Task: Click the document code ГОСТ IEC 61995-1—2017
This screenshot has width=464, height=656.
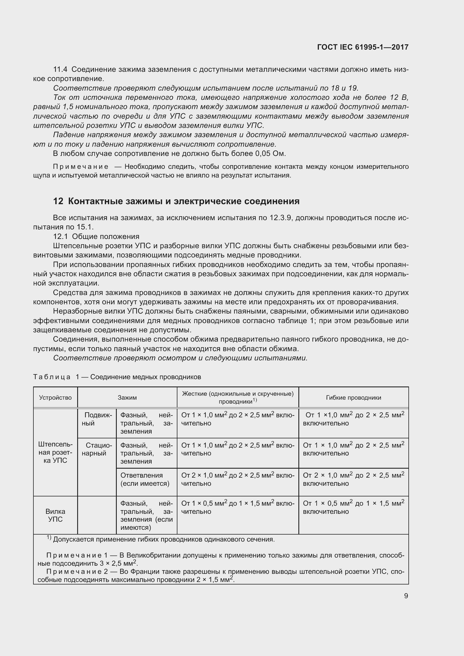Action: tap(362, 47)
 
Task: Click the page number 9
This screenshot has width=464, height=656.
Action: tap(406, 596)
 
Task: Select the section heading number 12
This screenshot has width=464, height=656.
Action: tap(58, 201)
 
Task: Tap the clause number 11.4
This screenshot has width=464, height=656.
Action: tap(60, 70)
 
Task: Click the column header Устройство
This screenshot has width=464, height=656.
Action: tap(55, 398)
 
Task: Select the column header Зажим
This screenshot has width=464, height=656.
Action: tap(127, 398)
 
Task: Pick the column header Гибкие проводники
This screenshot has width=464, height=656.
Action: tap(353, 398)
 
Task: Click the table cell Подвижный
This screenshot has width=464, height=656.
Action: tap(97, 419)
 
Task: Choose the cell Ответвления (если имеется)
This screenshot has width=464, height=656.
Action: tap(145, 479)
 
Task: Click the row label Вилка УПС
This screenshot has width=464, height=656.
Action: tap(55, 515)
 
